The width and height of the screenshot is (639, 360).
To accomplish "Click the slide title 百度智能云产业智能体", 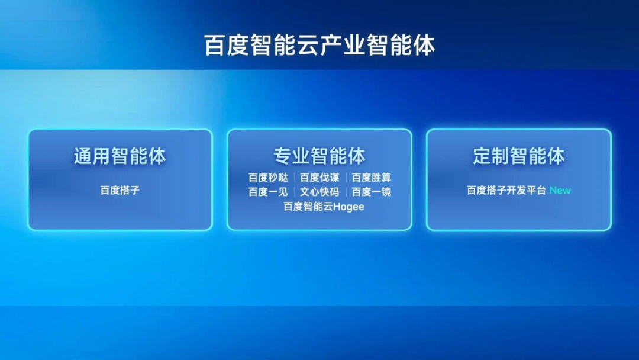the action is pyautogui.click(x=319, y=45).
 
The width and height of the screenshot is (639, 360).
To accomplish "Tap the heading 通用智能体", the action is pyautogui.click(x=120, y=156).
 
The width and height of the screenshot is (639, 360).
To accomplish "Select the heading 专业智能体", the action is pyautogui.click(x=319, y=156).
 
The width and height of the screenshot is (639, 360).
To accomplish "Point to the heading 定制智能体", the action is pyautogui.click(x=519, y=156).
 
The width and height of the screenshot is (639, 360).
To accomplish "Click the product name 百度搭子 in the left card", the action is pyautogui.click(x=120, y=190).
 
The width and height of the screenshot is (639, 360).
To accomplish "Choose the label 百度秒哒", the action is pyautogui.click(x=268, y=178).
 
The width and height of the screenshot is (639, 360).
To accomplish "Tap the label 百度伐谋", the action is pyautogui.click(x=319, y=178).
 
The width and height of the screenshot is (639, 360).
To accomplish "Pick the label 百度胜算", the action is pyautogui.click(x=371, y=178).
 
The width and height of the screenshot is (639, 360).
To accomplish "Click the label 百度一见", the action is pyautogui.click(x=268, y=192).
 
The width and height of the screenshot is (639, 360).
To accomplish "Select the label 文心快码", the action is pyautogui.click(x=319, y=192).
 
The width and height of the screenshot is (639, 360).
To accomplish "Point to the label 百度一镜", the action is pyautogui.click(x=371, y=192).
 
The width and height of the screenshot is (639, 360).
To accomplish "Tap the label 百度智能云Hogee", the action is pyautogui.click(x=324, y=207).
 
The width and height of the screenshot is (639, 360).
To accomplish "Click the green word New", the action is pyautogui.click(x=560, y=191).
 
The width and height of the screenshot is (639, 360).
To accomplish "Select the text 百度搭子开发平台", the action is pyautogui.click(x=506, y=190).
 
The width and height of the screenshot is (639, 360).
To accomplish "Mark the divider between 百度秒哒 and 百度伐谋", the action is pyautogui.click(x=294, y=178).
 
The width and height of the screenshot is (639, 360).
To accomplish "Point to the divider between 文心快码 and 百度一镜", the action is pyautogui.click(x=346, y=192).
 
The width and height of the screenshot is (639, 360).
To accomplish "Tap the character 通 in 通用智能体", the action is pyautogui.click(x=83, y=156).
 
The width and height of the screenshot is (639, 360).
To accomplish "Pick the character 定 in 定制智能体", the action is pyautogui.click(x=482, y=156).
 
